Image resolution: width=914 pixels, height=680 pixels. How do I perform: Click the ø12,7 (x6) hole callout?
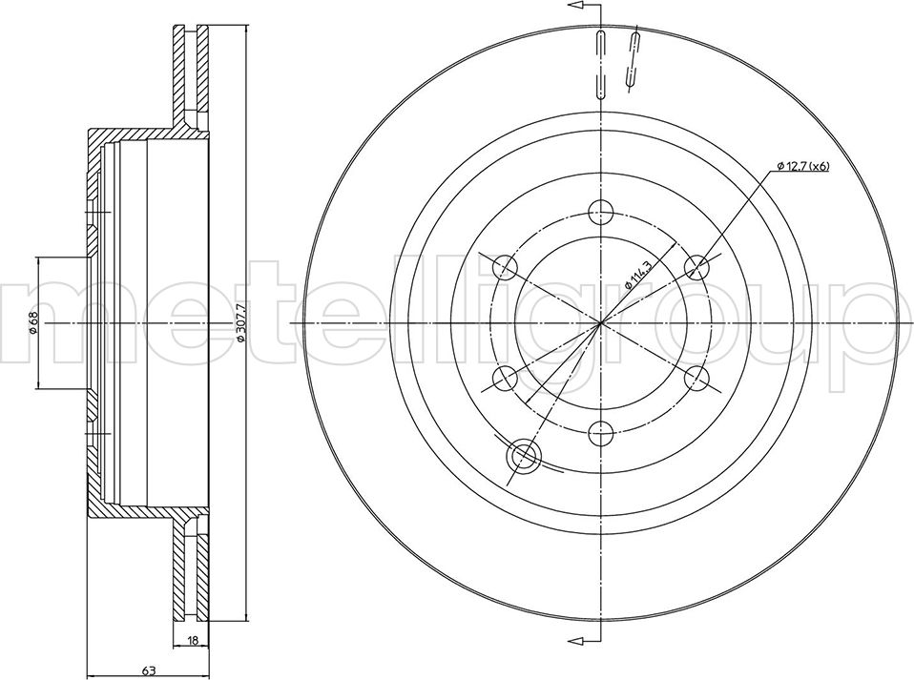point(802,167)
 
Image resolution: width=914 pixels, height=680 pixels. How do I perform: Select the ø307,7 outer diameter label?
point(239,323)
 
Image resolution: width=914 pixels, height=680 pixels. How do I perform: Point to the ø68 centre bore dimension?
point(33,322)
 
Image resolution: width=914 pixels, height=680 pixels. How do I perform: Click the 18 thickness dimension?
point(194,640)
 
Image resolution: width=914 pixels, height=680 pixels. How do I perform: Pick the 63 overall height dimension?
point(148,670)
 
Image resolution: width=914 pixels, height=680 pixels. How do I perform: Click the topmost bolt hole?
point(600,211)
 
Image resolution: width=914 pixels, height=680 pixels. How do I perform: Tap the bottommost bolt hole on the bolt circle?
point(600,434)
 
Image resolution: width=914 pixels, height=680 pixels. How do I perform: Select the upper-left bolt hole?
point(504,267)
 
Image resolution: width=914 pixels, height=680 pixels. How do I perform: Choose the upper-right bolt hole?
point(697,267)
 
